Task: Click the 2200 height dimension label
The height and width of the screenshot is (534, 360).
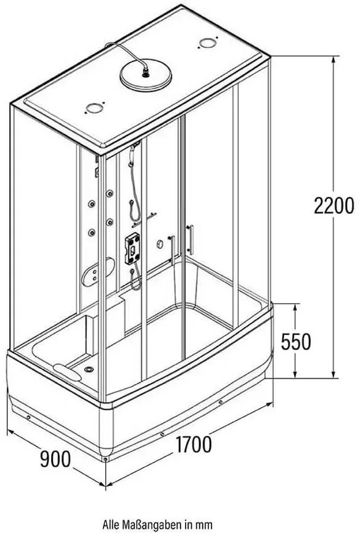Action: (x=333, y=206)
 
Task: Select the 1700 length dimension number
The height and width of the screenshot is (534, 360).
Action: (x=193, y=445)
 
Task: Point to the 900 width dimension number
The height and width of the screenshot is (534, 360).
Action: (x=55, y=459)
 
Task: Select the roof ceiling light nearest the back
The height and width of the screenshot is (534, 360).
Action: (x=208, y=43)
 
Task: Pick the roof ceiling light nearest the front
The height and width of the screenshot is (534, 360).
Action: (x=94, y=109)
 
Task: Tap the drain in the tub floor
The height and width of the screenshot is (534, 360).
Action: (x=89, y=369)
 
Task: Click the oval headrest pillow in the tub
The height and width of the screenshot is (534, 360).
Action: (x=67, y=372)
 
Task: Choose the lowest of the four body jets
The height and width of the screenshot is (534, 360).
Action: (x=91, y=233)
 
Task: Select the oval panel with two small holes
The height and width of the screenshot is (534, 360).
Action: (x=98, y=272)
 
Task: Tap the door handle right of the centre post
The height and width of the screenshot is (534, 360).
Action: (x=190, y=240)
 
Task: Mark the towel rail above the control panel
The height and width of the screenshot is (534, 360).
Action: (x=144, y=219)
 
